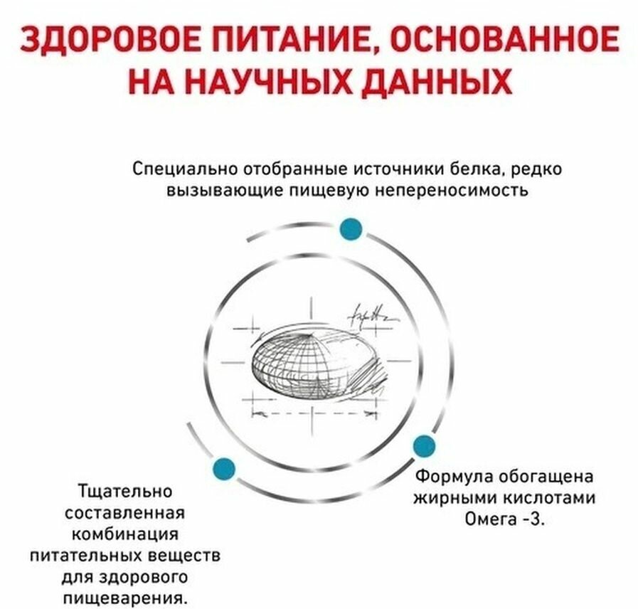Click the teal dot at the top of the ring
coord(351,230)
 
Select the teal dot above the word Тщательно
coord(224,467)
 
